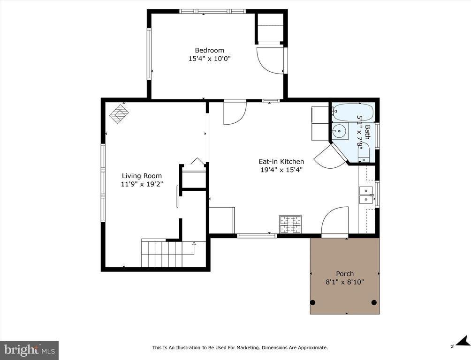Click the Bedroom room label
209,50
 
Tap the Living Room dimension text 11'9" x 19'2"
141,184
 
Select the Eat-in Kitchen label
281,162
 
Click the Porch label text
345,274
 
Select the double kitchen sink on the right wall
366,195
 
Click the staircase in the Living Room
167,254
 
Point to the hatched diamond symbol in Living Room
119,113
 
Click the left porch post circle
313,302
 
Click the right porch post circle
374,302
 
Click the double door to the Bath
330,157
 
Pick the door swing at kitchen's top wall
235,113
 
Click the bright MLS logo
29,350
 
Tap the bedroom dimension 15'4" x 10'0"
209,59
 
